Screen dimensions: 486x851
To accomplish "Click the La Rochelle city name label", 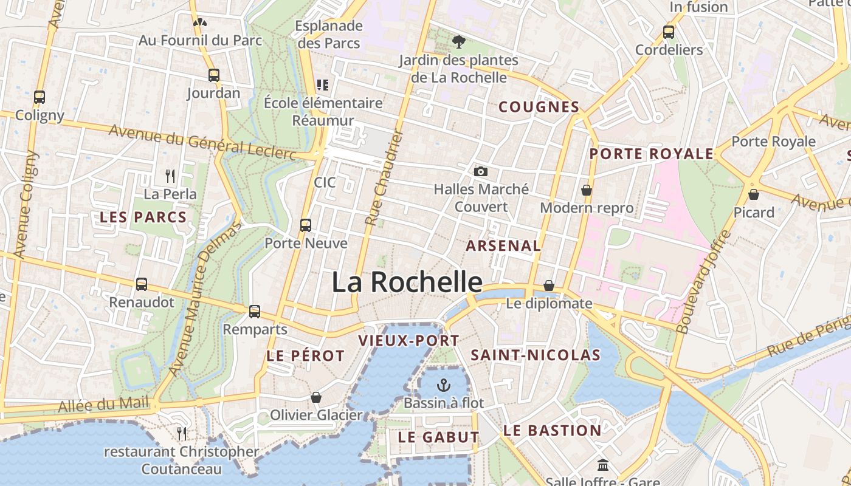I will [x=407, y=282].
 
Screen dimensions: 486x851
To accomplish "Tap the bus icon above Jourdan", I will [x=213, y=75].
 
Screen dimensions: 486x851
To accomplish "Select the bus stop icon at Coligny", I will [x=40, y=97].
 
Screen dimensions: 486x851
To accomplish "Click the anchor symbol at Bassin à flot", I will [x=444, y=385].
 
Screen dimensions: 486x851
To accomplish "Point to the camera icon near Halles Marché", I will [x=481, y=171].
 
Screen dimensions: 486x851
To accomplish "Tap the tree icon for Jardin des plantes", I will [x=459, y=42].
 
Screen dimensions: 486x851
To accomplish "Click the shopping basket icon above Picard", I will [x=754, y=194].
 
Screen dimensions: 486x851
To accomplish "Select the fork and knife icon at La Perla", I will [x=170, y=176].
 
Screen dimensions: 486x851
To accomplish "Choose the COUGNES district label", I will [x=539, y=107].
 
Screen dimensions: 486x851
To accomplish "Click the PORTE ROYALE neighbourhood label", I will [x=651, y=154].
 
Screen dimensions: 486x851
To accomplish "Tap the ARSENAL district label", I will [x=503, y=246].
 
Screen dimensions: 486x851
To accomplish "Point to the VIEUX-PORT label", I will [x=408, y=340].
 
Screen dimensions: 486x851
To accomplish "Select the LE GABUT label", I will [x=438, y=437].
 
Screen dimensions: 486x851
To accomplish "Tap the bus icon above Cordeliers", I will [x=669, y=32].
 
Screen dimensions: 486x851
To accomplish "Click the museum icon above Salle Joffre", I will [x=603, y=465].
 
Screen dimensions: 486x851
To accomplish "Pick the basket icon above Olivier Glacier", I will [x=316, y=397].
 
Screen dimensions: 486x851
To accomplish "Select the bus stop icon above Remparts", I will [x=255, y=311].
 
